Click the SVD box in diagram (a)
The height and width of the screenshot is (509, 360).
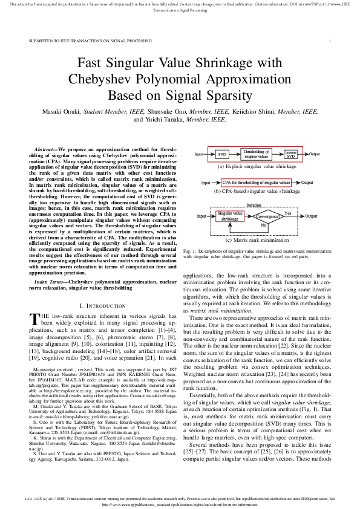click(x=221, y=155)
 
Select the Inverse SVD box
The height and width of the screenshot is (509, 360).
click(x=290, y=155)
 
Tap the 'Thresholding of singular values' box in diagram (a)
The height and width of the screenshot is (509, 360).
click(x=256, y=155)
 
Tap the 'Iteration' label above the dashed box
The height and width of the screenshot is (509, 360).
click(x=254, y=206)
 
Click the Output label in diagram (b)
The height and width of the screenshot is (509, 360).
click(x=307, y=182)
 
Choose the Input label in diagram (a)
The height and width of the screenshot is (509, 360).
click(x=199, y=155)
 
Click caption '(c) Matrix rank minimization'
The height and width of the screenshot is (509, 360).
click(x=257, y=241)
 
